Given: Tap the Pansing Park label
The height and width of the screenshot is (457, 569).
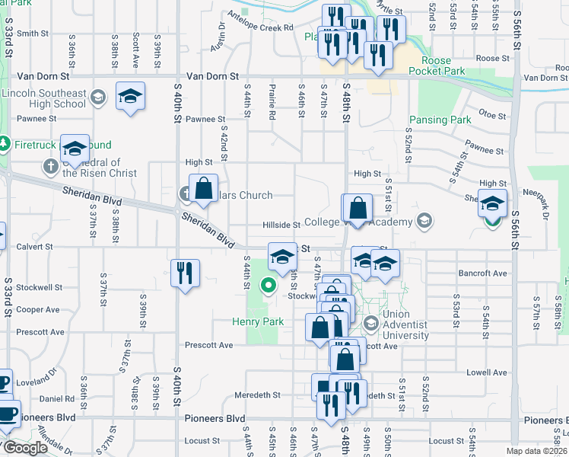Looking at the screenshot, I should pos(440,120).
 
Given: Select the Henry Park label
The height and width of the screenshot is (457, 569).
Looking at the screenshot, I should pos(258,322).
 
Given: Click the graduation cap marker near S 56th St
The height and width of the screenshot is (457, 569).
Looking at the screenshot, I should pos(492,203).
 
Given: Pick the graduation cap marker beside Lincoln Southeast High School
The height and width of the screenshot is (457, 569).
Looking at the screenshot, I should pos(131,96).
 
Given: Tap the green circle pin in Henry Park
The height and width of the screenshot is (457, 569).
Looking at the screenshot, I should pos(268,286).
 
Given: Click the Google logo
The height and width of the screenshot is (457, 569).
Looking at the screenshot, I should pos(24,448).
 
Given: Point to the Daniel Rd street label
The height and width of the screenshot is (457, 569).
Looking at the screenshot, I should pos(56,398).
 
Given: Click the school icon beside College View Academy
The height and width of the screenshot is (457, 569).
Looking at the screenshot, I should pos(424,222).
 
